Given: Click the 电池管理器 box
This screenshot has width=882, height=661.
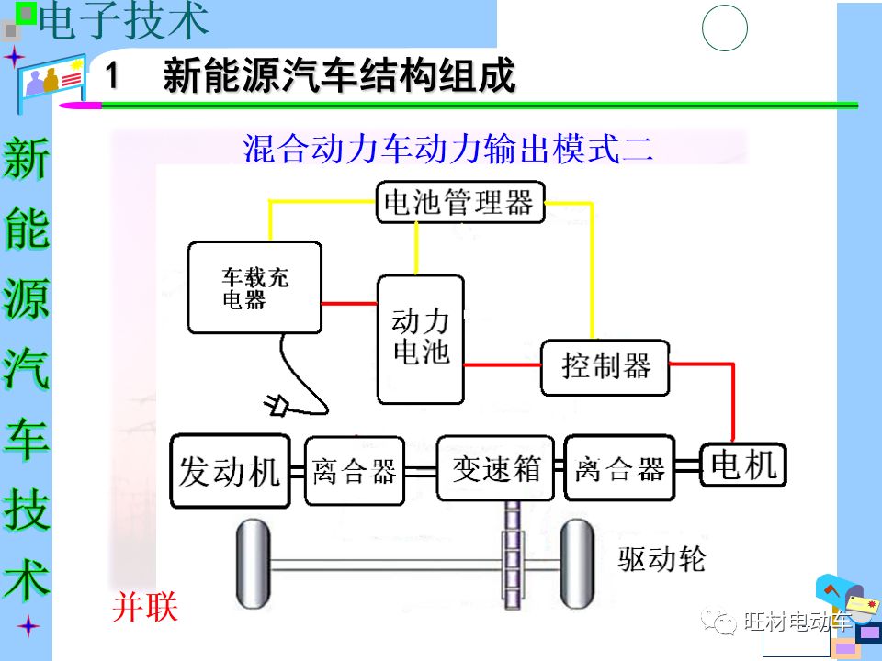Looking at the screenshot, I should [x=460, y=202].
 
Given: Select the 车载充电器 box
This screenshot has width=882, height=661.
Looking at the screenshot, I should [x=254, y=287].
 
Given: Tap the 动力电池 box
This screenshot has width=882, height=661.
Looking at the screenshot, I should [x=421, y=338].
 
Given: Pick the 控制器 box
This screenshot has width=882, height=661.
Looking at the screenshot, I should [x=605, y=367].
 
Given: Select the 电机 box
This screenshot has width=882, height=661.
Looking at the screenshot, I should [x=744, y=465].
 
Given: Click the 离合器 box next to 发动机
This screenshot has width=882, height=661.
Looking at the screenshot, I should [x=354, y=472].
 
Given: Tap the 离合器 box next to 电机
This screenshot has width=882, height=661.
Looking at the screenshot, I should [x=619, y=469].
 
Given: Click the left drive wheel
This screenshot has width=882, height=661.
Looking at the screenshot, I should [x=251, y=559].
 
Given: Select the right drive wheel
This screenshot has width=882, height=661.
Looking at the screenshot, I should [x=579, y=559].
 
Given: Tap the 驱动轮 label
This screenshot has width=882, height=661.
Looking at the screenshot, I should [x=662, y=557].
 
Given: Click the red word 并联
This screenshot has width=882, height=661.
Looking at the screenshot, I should [x=144, y=608].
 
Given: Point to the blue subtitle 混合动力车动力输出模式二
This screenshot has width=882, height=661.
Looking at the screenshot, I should [x=448, y=147].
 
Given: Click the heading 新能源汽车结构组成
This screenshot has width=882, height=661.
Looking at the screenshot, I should [x=339, y=76].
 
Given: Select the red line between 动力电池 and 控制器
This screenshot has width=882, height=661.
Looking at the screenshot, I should [x=502, y=364].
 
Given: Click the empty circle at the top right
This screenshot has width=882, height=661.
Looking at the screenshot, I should [x=725, y=28].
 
